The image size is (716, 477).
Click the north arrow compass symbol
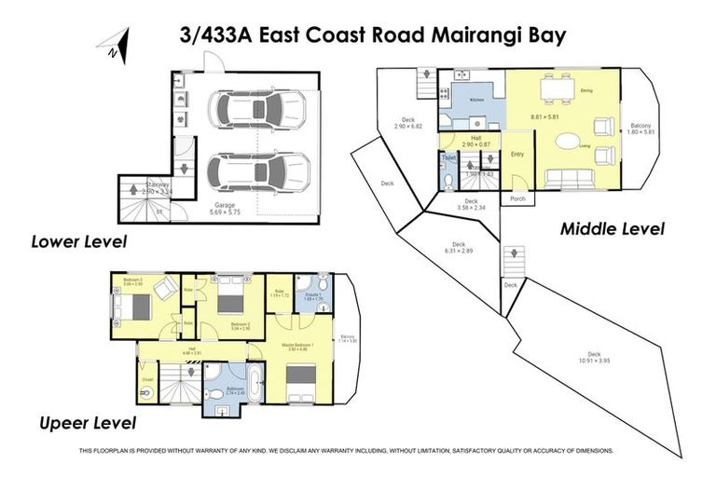tap(115, 46)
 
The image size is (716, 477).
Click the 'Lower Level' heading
tap(78, 242)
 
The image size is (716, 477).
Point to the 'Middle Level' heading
tap(613, 228)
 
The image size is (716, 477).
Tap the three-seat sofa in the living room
tap(565, 178)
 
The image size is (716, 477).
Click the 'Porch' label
tap(516, 199)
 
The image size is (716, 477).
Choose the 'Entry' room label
tap(517, 155)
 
